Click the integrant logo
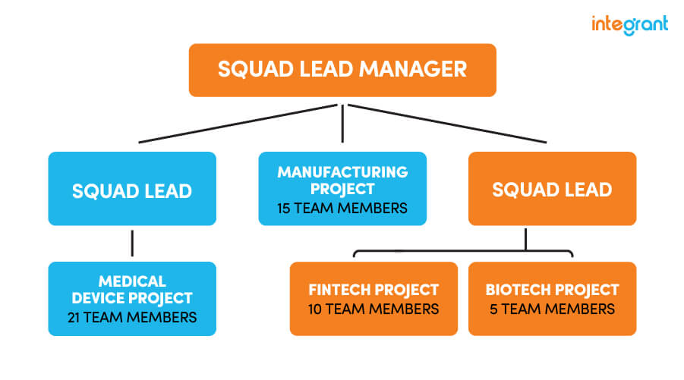click(x=629, y=24)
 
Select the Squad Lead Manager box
click(x=342, y=70)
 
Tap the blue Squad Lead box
click(x=132, y=189)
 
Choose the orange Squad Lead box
click(x=552, y=189)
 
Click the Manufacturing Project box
click(x=342, y=189)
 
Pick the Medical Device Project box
click(x=132, y=298)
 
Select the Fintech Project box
click(x=374, y=298)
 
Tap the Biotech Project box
click(x=552, y=298)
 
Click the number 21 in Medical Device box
click(x=74, y=317)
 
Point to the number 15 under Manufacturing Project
click(x=285, y=207)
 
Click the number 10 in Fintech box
click(x=316, y=309)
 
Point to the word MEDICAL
click(x=132, y=281)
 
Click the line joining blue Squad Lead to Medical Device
click(x=132, y=243)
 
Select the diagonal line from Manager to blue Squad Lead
click(x=235, y=124)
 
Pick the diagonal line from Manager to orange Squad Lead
click(x=448, y=124)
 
